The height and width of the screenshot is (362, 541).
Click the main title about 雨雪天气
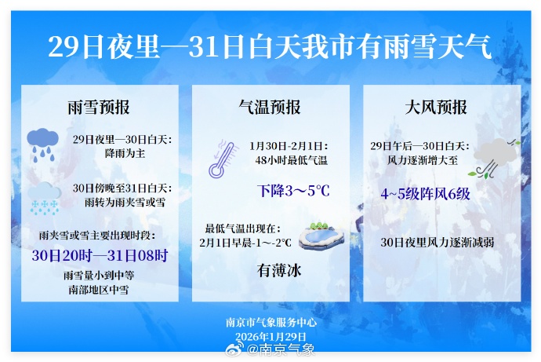[x=270, y=48]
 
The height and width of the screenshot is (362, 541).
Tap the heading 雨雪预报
[x=99, y=107]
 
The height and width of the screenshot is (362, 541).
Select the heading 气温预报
[x=270, y=107]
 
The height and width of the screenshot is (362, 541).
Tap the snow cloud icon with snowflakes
[x=45, y=197]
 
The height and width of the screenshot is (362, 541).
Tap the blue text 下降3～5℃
[x=293, y=190]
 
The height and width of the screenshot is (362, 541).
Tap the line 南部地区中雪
[x=99, y=290]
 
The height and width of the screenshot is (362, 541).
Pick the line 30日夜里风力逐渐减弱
[x=438, y=242]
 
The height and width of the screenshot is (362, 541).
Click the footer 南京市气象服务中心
[x=270, y=322]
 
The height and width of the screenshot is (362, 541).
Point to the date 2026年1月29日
[x=270, y=335]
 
